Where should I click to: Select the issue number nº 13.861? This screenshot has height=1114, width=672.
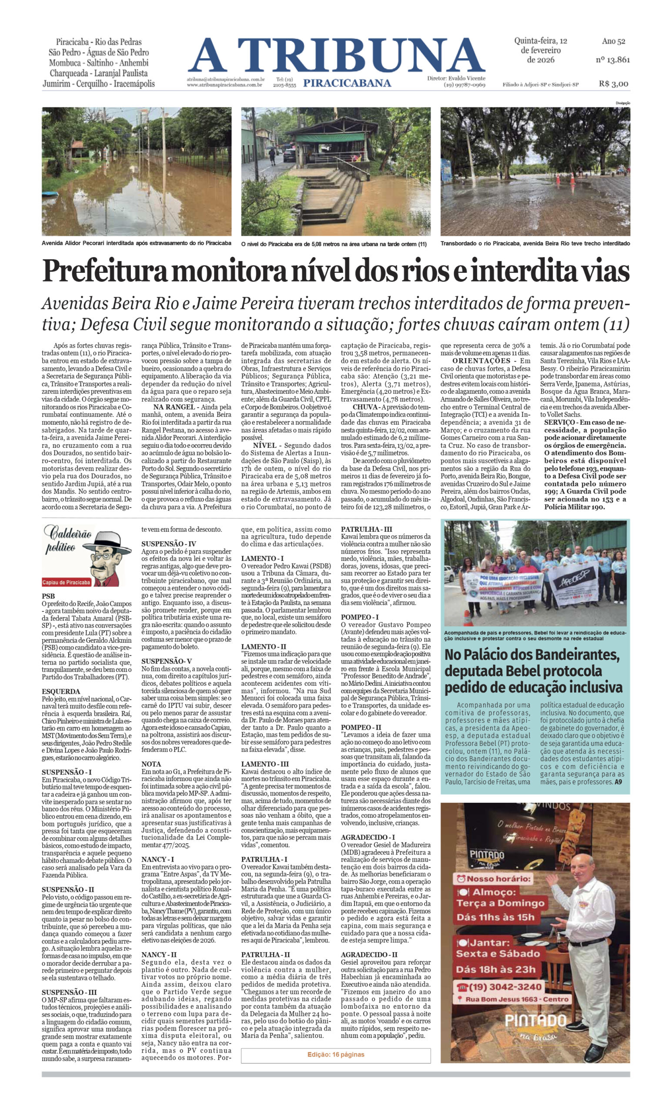click(x=612, y=59)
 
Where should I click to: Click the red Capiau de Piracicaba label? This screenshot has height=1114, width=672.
click(x=66, y=582)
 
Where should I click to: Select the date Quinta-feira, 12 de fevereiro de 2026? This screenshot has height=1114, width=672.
click(x=541, y=50)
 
